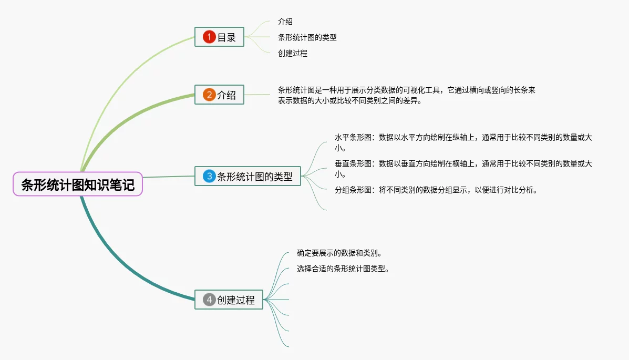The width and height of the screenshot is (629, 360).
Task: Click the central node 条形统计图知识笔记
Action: (78, 184)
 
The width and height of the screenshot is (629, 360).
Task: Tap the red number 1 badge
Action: (209, 37)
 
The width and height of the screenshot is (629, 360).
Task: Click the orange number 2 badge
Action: (209, 95)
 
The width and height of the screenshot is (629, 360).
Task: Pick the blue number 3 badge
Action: (209, 176)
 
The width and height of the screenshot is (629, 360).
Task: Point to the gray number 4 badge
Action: (209, 300)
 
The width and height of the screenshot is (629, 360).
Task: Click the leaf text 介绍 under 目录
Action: (285, 22)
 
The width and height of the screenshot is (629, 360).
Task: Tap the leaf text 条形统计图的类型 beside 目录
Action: (307, 37)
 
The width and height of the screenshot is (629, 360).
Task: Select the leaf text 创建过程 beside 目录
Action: (293, 53)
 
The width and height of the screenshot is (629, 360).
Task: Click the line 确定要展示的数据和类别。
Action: (339, 253)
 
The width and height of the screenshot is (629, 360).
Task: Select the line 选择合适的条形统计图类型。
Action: (343, 269)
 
